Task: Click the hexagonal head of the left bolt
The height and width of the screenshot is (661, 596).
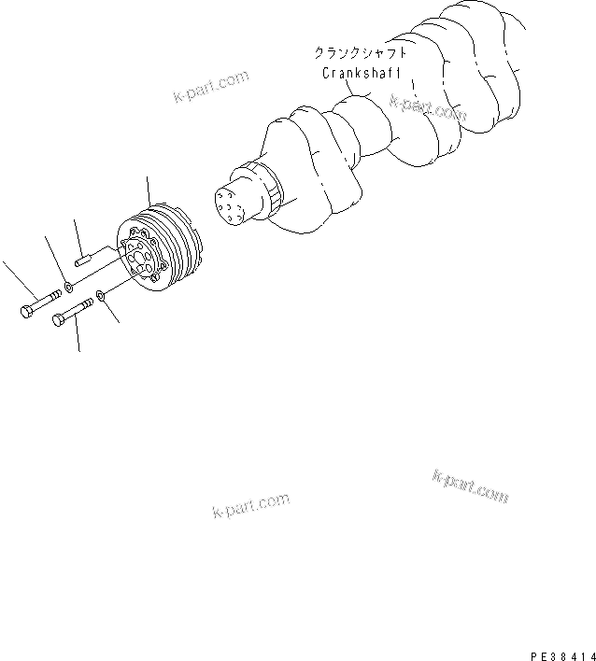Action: click(25, 312)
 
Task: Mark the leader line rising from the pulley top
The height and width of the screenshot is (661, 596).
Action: click(148, 191)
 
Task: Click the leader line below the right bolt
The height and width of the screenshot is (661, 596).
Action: click(77, 336)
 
